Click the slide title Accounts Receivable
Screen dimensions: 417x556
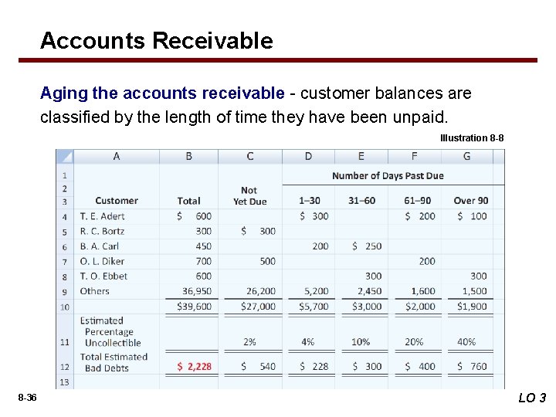pos(156,40)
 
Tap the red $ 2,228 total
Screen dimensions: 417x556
pos(194,366)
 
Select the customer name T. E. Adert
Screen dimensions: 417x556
pos(102,216)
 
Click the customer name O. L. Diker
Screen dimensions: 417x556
pos(102,261)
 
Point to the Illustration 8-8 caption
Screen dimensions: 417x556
pos(472,137)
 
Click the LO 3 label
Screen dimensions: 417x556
pos(531,398)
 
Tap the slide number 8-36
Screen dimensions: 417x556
pos(27,397)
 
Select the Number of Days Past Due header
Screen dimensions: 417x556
pos(388,175)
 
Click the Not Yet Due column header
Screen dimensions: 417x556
pos(249,195)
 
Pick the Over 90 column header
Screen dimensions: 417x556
pos(470,201)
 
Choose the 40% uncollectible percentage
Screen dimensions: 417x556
pos(466,341)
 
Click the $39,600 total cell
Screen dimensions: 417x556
pos(193,307)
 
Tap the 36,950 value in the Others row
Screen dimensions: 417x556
pos(196,291)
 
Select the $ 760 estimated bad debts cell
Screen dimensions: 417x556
pos(471,366)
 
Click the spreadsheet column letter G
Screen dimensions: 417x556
pos(466,156)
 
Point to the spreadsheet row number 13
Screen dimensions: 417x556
pos(64,381)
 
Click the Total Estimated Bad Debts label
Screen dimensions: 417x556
pos(114,362)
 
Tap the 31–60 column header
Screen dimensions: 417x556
pos(361,201)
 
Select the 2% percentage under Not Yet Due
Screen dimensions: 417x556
pos(249,341)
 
